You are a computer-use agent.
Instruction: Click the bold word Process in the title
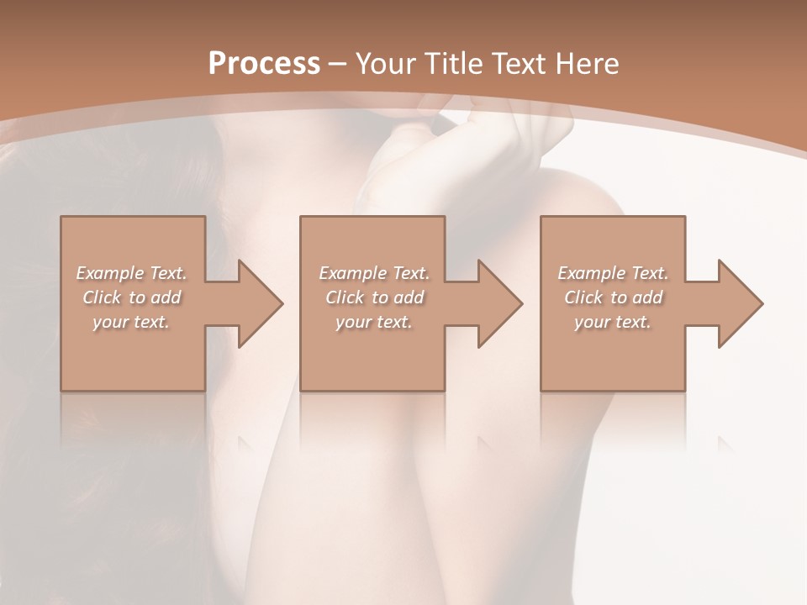tap(264, 64)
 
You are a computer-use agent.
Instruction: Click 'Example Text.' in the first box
tap(131, 273)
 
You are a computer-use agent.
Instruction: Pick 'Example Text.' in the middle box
tap(374, 273)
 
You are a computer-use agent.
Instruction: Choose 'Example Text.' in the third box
tap(613, 273)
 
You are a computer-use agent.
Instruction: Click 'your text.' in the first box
tap(131, 322)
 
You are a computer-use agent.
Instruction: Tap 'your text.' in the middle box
tap(374, 322)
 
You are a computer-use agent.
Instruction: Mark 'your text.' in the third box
tap(613, 322)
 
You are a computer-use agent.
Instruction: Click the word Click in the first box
tap(102, 297)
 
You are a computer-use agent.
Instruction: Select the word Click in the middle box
tap(345, 297)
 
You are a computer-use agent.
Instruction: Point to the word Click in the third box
tap(583, 297)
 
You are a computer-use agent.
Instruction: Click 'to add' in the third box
tap(636, 297)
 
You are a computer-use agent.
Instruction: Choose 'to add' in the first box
tap(155, 297)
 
